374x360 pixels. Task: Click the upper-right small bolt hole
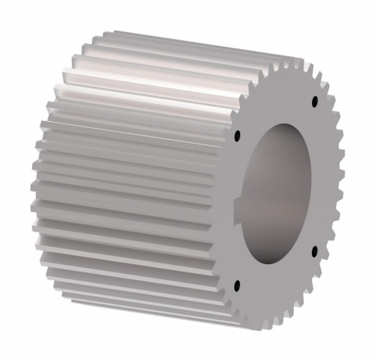[314, 100]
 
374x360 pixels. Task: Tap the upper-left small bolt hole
[237, 136]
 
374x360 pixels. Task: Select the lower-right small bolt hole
[314, 249]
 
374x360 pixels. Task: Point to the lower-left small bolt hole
[237, 284]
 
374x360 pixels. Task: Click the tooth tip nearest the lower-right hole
[329, 258]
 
